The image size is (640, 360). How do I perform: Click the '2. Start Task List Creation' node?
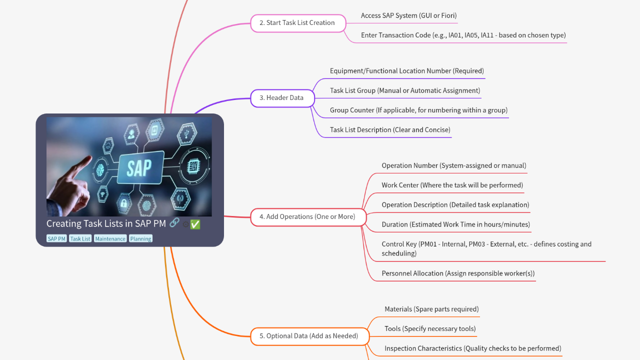[x=298, y=23]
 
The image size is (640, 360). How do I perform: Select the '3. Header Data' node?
[x=282, y=98]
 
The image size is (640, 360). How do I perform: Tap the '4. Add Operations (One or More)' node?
[x=307, y=217]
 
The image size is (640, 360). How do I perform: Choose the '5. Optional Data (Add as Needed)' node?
[x=309, y=336]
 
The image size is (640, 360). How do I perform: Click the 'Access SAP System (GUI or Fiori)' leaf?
[x=408, y=15]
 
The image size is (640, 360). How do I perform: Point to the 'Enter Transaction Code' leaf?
[x=463, y=35]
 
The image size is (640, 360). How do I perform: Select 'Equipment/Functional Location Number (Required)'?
[x=406, y=71]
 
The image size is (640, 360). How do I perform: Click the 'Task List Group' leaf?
[x=404, y=90]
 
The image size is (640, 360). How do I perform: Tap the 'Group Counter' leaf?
[x=418, y=110]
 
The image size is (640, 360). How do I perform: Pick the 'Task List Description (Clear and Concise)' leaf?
[x=389, y=130]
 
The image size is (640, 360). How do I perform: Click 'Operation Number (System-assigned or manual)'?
[x=453, y=165]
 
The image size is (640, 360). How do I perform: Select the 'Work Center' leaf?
[x=452, y=185]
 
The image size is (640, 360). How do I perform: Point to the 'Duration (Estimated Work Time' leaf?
[x=455, y=224]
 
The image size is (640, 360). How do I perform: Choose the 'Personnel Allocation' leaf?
[x=457, y=273]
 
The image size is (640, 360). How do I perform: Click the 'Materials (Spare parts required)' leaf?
[x=431, y=309]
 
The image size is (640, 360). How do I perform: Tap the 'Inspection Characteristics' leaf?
[x=472, y=348]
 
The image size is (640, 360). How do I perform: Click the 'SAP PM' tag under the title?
[x=56, y=239]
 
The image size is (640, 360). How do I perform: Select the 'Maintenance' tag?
[x=110, y=239]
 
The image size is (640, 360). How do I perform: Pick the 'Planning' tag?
[x=140, y=239]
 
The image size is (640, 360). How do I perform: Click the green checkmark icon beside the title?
[x=195, y=224]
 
